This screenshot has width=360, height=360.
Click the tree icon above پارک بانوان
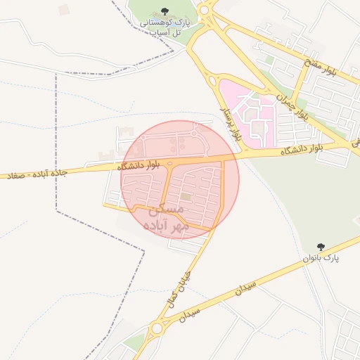(321, 247)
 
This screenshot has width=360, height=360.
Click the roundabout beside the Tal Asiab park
(205, 10)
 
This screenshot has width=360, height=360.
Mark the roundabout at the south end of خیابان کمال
(155, 328)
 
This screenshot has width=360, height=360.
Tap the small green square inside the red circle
(186, 198)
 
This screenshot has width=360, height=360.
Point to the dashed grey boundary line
(56, 141)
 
